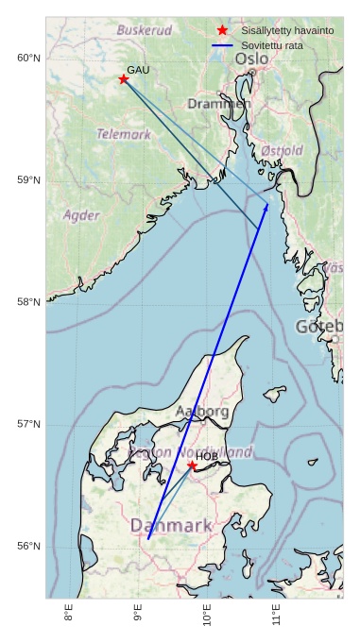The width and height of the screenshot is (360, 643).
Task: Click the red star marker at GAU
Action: pos(124,79)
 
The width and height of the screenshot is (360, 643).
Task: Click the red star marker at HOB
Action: pos(192,465)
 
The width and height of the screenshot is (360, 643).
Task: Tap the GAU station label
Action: pos(138,70)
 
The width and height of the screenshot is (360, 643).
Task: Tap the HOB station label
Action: pos(207,457)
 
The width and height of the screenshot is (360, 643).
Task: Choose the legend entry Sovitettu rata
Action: pos(272,45)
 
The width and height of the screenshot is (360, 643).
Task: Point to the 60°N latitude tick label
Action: pos(29,59)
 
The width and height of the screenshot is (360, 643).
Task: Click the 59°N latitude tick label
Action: pos(29,180)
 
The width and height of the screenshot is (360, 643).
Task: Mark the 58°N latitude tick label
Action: pos(29,302)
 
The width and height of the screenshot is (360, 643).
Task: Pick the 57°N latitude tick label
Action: pos(29,424)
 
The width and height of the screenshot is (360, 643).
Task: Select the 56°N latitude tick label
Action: pos(29,546)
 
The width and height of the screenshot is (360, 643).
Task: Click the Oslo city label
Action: pos(251,59)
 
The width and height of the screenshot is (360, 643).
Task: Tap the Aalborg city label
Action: pos(202,412)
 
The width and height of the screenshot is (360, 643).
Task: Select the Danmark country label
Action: pos(171,525)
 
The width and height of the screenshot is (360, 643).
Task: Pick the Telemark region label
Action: pos(124,134)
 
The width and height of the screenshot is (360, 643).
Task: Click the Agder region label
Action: pos(81,215)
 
